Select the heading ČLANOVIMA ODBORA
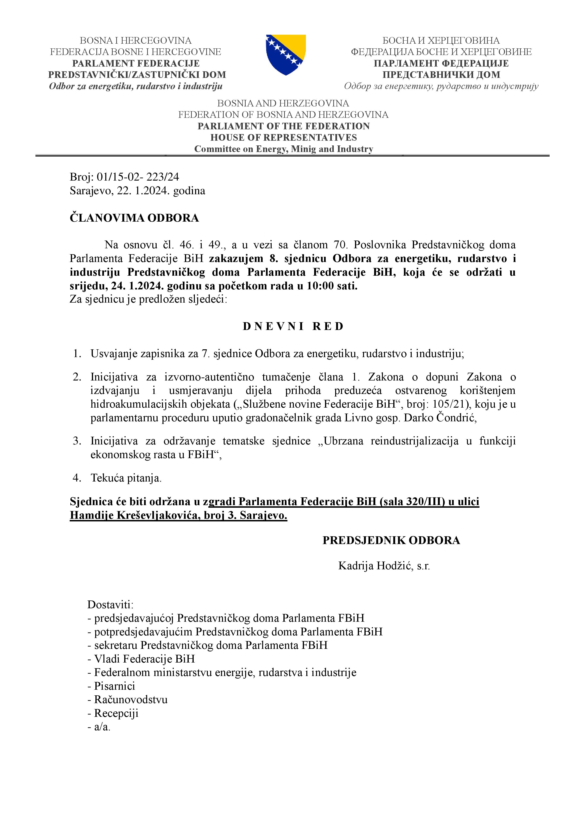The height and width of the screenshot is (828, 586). pos(134,218)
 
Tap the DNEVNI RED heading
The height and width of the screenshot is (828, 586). pos(293,326)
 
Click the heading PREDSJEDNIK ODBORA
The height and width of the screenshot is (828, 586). pos(391,540)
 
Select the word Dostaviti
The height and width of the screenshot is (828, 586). pos(110,604)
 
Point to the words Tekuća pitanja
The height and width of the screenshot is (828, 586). pos(126,478)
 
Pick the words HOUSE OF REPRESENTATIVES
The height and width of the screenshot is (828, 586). pos(284,137)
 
